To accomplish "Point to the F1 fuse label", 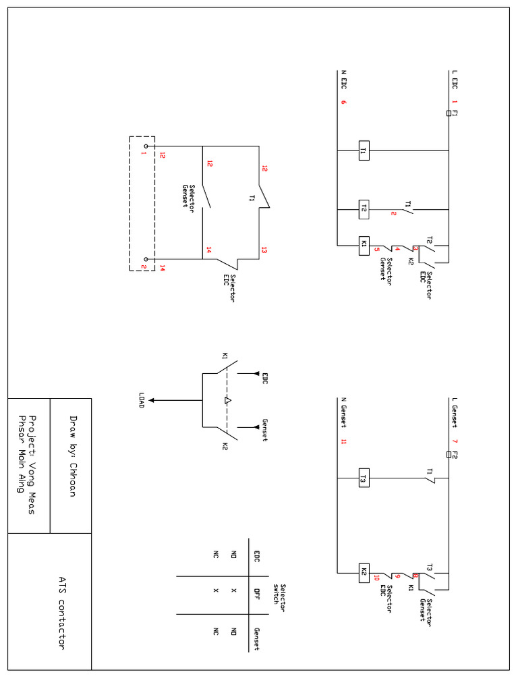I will [x=455, y=113].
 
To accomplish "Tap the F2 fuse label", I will [x=455, y=453].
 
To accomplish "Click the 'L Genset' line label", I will [x=455, y=412].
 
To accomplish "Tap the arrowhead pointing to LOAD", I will [x=153, y=400].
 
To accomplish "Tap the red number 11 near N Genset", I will [x=343, y=442].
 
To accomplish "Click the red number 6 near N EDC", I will [x=343, y=103].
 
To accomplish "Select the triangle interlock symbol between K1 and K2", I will [x=228, y=401].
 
